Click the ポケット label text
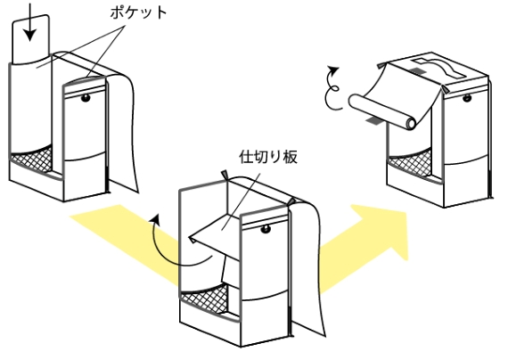pyautogui.click(x=135, y=14)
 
